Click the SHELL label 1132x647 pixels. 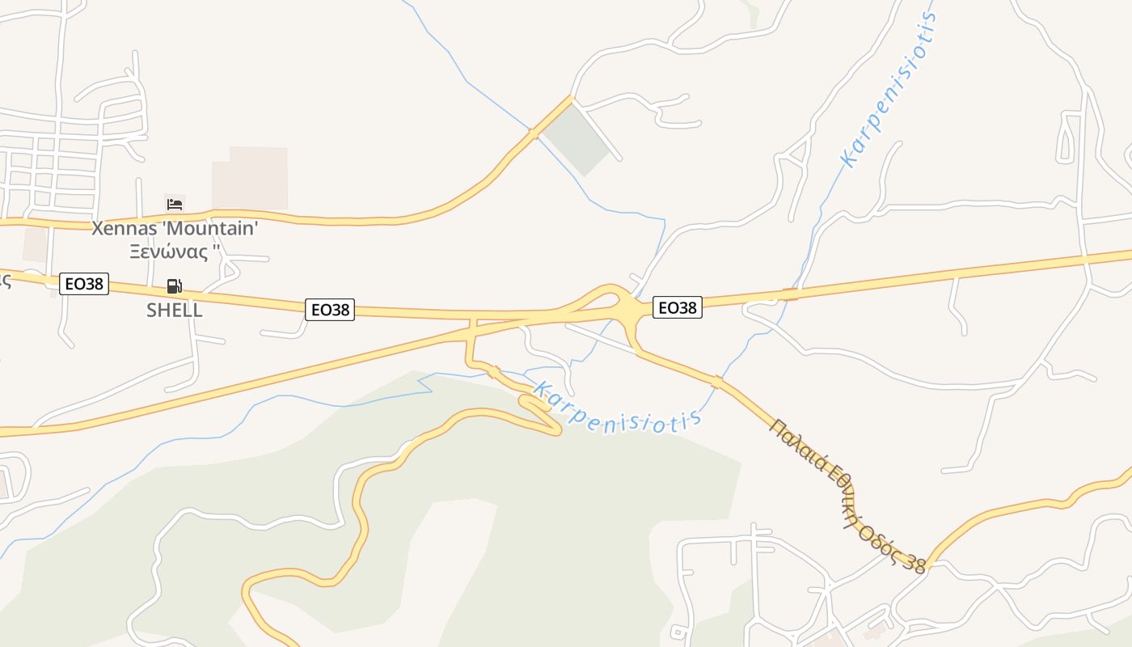click(174, 311)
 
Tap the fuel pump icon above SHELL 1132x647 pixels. click(174, 285)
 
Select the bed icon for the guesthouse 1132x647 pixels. click(174, 204)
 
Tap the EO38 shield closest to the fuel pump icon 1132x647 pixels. click(84, 284)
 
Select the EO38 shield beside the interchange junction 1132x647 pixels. click(678, 307)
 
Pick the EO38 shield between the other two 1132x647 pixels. click(330, 309)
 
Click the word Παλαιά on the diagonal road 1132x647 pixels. click(796, 443)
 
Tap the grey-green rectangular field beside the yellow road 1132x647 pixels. click(577, 138)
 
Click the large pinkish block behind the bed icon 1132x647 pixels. click(250, 178)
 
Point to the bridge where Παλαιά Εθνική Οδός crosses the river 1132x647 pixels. click(716, 382)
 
